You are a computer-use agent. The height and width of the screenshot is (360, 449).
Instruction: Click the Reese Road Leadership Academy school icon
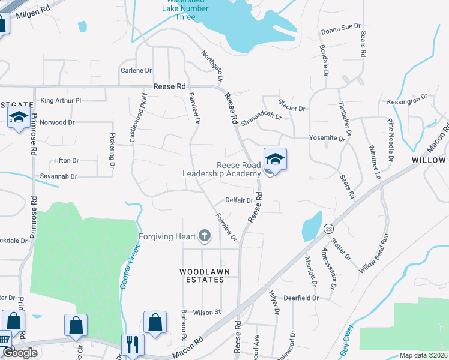[x=275, y=160]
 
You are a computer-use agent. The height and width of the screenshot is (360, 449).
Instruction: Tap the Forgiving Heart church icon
[x=205, y=236]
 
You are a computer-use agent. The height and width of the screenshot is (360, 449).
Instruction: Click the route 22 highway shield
[x=328, y=229]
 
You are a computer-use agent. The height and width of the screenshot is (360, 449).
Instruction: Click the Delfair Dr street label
[x=239, y=200]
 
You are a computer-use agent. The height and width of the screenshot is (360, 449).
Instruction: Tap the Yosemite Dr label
[x=327, y=138]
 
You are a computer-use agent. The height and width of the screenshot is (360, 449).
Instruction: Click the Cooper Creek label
[x=127, y=265]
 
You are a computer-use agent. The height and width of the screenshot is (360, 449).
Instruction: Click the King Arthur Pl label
[x=60, y=100]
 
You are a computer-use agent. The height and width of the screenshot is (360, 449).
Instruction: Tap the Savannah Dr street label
[x=57, y=176]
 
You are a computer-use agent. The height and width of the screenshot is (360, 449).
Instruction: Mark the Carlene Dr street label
[x=136, y=70]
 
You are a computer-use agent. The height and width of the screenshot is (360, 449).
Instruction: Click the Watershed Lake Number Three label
[x=186, y=9]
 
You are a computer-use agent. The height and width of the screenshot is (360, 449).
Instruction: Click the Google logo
[x=20, y=353]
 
